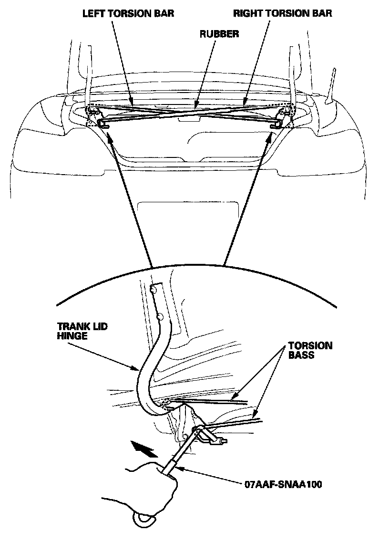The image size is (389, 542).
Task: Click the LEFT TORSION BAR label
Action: point(128,13)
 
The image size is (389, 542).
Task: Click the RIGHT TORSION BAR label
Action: point(282,13)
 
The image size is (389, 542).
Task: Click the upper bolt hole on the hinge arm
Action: point(154,289)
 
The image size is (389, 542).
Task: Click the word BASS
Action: point(301,355)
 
